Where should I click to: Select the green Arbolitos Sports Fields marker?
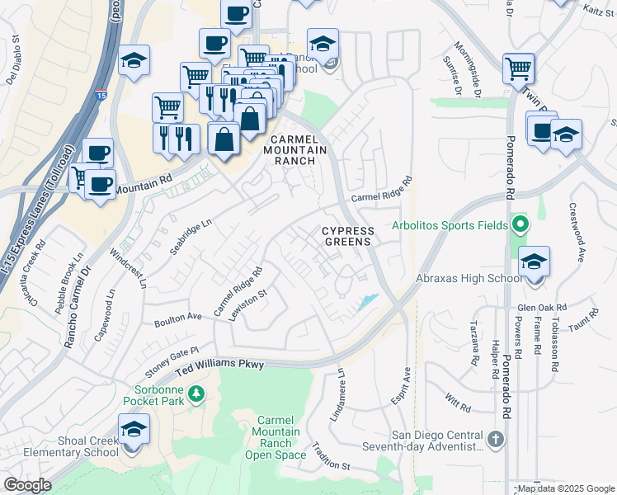click(x=520, y=224)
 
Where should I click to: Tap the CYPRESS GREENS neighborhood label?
click(x=347, y=237)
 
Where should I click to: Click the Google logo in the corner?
click(x=27, y=485)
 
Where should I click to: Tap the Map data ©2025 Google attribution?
click(x=566, y=488)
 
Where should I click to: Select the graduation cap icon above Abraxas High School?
click(x=535, y=262)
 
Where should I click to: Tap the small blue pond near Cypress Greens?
click(x=368, y=302)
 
